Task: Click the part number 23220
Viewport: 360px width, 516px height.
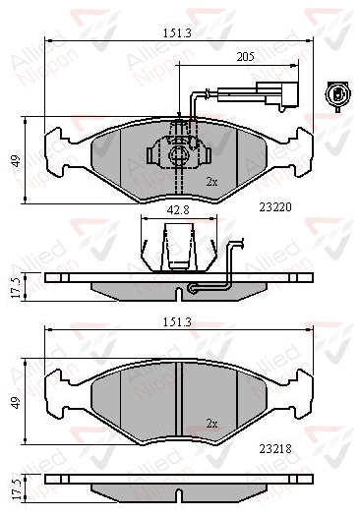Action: [275, 207]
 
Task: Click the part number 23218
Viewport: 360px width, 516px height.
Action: [275, 449]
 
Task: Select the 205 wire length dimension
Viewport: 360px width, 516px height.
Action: [245, 57]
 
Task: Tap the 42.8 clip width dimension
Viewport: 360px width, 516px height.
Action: [178, 210]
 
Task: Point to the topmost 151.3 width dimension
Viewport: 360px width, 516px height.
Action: [177, 32]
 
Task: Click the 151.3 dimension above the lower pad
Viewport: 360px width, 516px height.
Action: [177, 322]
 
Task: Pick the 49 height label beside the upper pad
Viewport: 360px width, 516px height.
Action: [17, 161]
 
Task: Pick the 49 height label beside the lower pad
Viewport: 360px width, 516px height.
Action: [17, 402]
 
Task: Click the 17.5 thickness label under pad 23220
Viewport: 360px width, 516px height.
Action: [17, 287]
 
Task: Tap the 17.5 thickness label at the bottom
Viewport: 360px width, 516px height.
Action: [17, 487]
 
